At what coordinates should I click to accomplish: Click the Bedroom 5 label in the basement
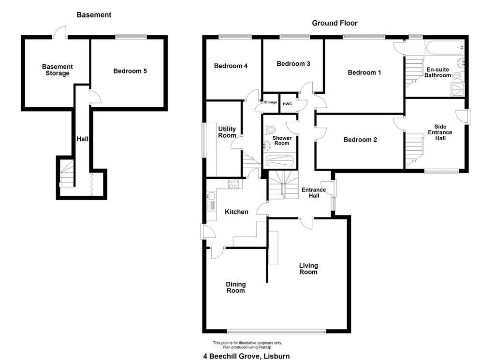pos(130,71)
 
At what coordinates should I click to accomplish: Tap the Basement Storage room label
pos(57,70)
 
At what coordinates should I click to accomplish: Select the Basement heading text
pos(94,15)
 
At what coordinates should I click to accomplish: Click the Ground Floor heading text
pos(335,23)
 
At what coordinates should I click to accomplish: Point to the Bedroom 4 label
pos(231,66)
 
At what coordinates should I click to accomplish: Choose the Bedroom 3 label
pos(293,64)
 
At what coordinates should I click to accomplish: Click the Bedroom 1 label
pos(364,72)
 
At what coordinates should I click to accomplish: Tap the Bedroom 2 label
pos(360,140)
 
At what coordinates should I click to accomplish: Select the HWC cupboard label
pos(287,103)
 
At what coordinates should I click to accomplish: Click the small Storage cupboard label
pos(271,102)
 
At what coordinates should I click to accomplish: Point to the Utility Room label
pos(227,132)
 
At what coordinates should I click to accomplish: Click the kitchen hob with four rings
pos(233,184)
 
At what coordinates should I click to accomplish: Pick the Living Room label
pos(308,269)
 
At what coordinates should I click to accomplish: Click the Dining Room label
pos(236,288)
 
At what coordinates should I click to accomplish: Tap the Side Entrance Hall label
pos(440,133)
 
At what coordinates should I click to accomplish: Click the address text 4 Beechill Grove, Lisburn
pos(247,356)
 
